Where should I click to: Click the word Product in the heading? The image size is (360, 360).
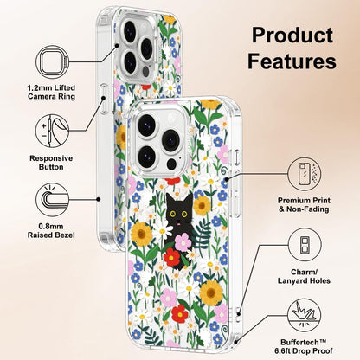coord(292,35)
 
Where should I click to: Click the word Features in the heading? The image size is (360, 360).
coord(292,61)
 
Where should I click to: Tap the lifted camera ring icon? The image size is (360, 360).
coord(53,62)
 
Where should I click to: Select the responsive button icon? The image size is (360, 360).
coord(53,131)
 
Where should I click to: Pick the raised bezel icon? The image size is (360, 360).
coord(53,200)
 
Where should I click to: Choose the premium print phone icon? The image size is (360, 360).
coord(305,174)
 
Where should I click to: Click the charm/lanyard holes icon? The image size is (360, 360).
coord(305,245)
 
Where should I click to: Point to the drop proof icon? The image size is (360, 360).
coord(305,315)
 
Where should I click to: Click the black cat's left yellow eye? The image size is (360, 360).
coord(173,214)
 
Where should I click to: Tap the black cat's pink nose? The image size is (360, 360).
coord(179,222)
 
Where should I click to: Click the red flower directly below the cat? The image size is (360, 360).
coord(172,257)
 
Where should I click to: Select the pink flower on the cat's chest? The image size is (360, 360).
coord(183,242)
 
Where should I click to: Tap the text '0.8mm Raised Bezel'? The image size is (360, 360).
coord(51,231)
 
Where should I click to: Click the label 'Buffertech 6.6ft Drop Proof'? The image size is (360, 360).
coord(304,346)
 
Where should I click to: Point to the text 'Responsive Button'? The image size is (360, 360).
coord(51,163)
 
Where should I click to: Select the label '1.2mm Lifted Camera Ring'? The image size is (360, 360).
coord(51,92)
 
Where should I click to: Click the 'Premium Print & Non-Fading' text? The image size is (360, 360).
coord(304,204)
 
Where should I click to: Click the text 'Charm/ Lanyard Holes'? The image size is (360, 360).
coord(304,276)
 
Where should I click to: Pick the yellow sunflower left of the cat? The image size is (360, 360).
coord(141,234)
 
